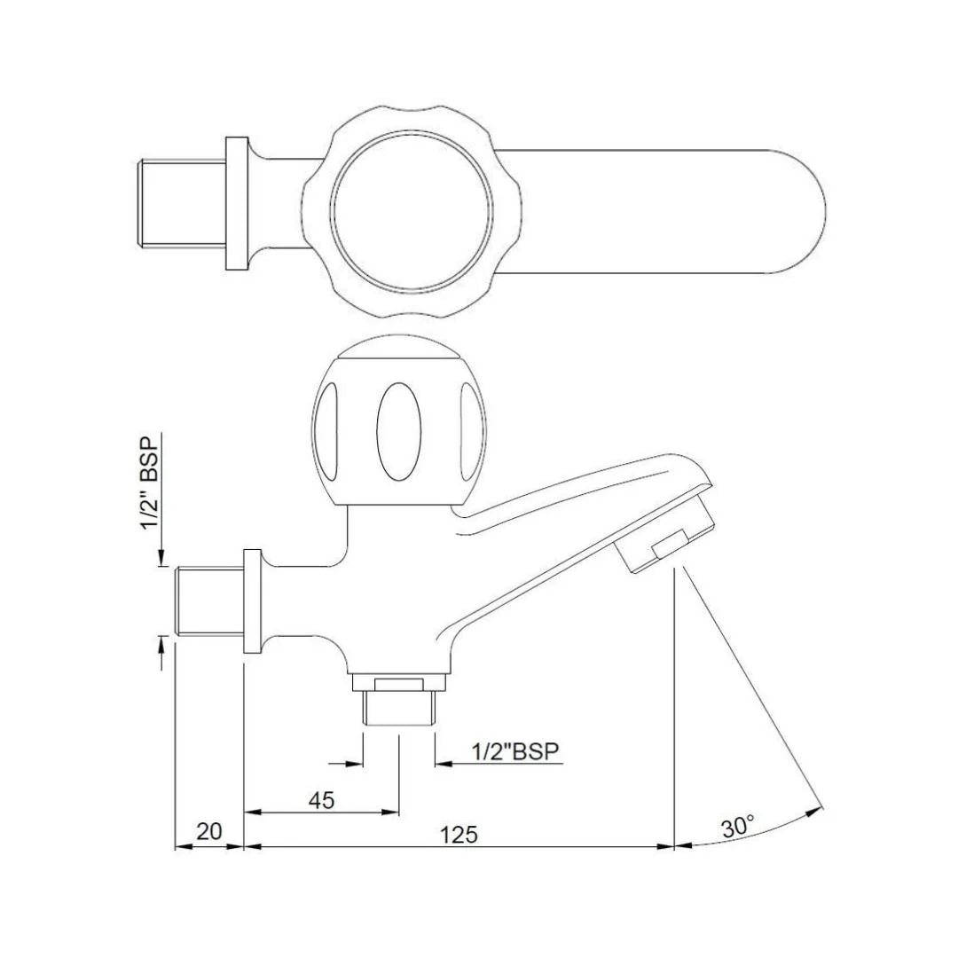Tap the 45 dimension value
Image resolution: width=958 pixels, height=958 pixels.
pos(321,800)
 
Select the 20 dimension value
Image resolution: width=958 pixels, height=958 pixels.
pos(208,832)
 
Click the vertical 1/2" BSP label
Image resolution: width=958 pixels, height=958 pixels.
pos(148,483)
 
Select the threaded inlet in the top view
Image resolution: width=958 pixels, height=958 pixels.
pos(183,202)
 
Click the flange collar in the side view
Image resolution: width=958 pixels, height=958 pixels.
pos(252,601)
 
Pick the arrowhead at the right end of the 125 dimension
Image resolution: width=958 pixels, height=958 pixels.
pos(668,846)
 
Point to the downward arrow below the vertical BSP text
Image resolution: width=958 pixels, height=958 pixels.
pos(161,556)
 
